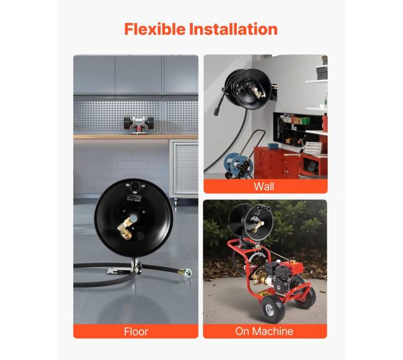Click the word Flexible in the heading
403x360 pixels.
[x=155, y=29]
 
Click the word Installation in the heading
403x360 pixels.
[x=233, y=29]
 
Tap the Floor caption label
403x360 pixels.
[x=136, y=331]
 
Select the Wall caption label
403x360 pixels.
[x=264, y=187]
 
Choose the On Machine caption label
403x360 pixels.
[x=264, y=331]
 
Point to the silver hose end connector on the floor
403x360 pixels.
[x=187, y=271]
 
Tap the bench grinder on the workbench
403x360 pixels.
[x=138, y=125]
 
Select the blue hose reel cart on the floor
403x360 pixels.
[x=238, y=165]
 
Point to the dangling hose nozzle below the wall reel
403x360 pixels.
[x=218, y=108]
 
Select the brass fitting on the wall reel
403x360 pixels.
[x=256, y=92]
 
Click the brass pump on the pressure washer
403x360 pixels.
[x=257, y=278]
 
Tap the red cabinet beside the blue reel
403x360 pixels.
[x=277, y=164]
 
